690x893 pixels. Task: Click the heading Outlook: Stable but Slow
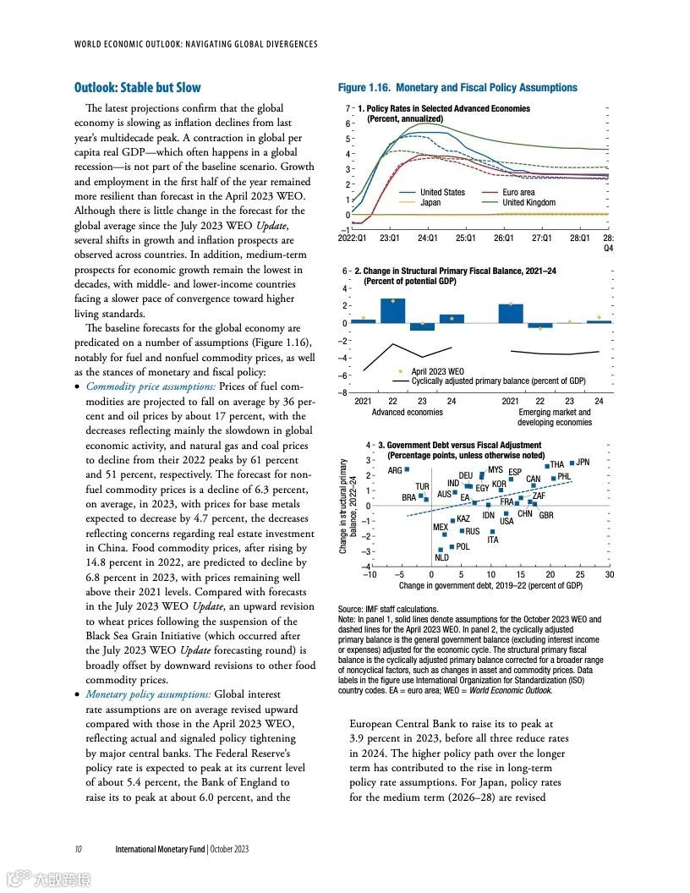click(138, 88)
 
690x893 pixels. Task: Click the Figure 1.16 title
click(457, 88)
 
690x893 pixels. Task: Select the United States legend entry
click(442, 193)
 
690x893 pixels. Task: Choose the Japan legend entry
click(430, 203)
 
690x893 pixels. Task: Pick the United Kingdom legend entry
click(528, 203)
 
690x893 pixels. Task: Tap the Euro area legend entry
click(518, 193)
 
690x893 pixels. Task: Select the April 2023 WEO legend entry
click(437, 371)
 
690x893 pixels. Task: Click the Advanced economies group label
click(407, 413)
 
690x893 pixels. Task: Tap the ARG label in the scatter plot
click(395, 471)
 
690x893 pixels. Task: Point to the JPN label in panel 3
click(582, 463)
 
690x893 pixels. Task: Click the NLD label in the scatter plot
click(441, 558)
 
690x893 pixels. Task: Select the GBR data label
click(546, 515)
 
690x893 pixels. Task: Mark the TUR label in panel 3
click(422, 486)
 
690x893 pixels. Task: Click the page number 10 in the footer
click(77, 849)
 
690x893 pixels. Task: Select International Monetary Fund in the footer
click(160, 849)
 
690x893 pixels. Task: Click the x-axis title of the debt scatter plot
click(490, 585)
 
